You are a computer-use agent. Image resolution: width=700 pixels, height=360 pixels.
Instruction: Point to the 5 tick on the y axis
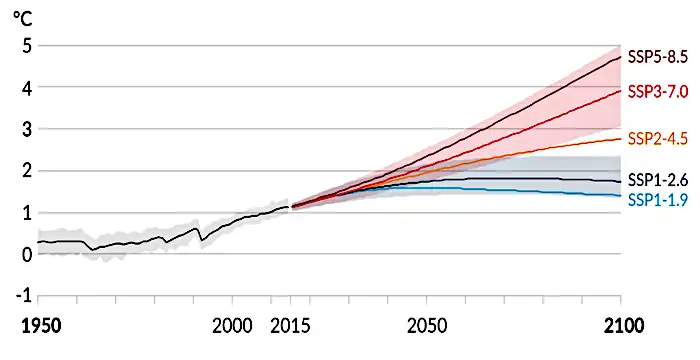point(27,46)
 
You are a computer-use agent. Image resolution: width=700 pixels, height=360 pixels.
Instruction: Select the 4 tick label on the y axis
point(27,88)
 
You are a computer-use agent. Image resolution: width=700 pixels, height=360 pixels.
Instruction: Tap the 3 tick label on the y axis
point(27,130)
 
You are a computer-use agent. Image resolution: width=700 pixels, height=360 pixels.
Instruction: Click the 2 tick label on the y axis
point(27,172)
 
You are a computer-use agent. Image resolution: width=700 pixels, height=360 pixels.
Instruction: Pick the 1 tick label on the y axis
point(27,214)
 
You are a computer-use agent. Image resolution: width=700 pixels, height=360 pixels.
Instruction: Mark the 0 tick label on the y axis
point(27,255)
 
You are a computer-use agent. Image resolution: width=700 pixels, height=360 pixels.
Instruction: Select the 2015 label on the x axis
point(290,327)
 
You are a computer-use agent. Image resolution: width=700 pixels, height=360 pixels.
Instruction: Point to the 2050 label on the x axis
point(427,327)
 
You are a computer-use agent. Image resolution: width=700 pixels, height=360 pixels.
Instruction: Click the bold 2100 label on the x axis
point(620,327)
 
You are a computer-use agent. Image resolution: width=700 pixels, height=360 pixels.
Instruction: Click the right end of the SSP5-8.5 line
point(621,57)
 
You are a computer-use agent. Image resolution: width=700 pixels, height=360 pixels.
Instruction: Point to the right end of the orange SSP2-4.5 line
point(621,138)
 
